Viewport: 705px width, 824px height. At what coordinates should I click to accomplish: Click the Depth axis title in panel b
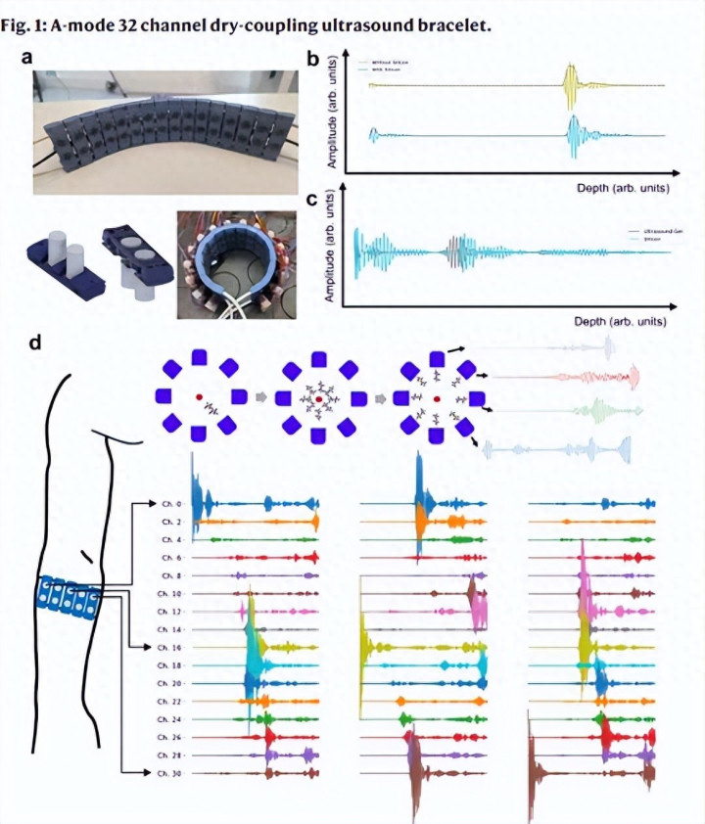pos(618,182)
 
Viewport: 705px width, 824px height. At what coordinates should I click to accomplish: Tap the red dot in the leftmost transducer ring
pos(200,396)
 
